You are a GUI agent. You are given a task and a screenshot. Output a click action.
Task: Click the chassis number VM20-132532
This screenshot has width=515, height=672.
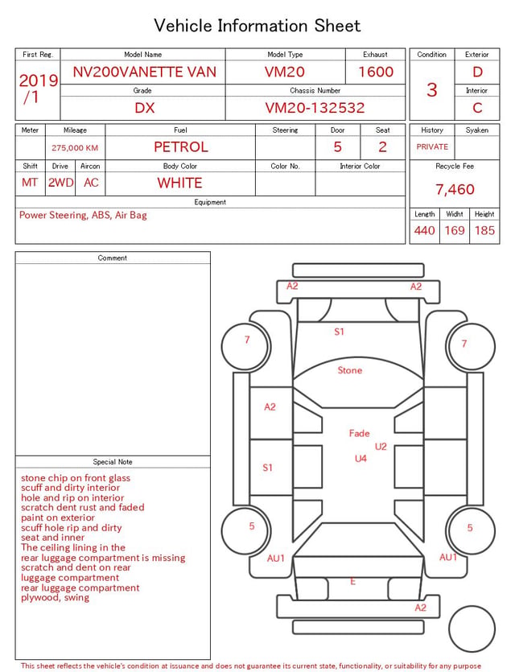pyautogui.click(x=315, y=108)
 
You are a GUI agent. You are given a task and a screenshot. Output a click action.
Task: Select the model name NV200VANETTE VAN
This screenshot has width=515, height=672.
pyautogui.click(x=144, y=72)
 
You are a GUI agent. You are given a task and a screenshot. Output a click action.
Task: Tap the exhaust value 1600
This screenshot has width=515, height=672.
pyautogui.click(x=376, y=72)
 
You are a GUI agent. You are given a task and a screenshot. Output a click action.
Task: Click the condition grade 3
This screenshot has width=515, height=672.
pyautogui.click(x=432, y=89)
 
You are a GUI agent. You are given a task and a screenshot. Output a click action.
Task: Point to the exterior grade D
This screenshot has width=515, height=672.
pyautogui.click(x=477, y=72)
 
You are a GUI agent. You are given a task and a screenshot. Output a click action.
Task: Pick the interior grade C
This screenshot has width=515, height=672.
pyautogui.click(x=477, y=108)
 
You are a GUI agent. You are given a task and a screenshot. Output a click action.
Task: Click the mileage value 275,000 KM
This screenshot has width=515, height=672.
pyautogui.click(x=75, y=148)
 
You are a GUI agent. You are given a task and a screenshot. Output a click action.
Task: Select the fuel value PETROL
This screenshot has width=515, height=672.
pyautogui.click(x=181, y=147)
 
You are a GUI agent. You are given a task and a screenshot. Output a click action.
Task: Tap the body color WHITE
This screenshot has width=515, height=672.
pyautogui.click(x=179, y=183)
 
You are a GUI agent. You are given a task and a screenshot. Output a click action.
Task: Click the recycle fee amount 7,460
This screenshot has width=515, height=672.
pyautogui.click(x=455, y=189)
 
